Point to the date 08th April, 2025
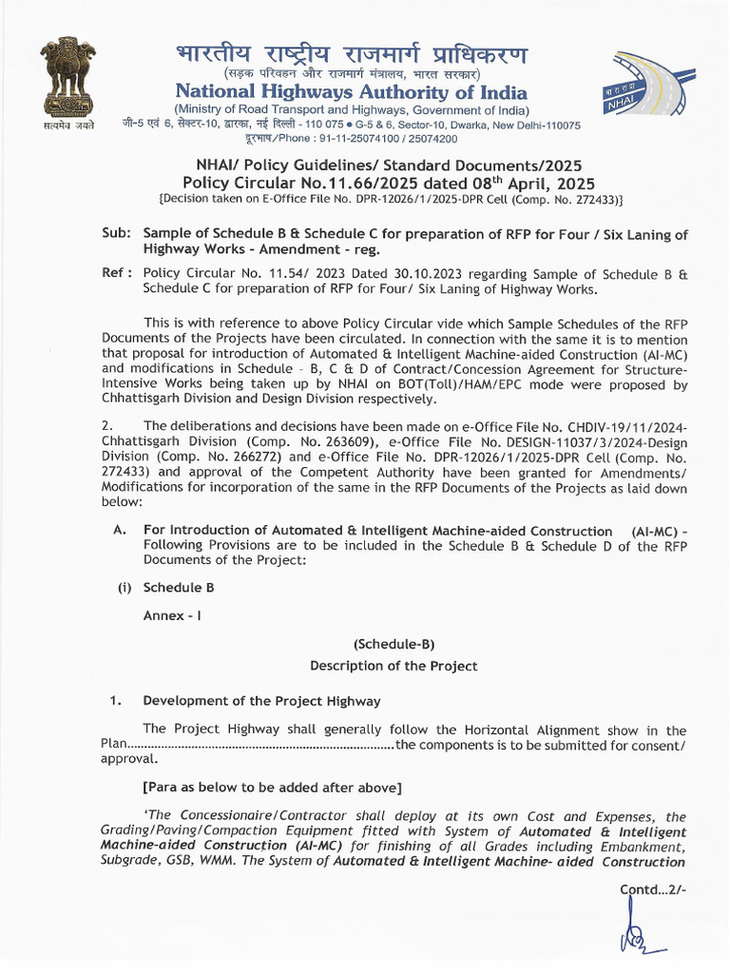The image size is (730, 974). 531,183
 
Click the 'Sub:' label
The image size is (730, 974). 117,234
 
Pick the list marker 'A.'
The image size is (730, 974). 120,531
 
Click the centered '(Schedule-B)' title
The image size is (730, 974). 394,644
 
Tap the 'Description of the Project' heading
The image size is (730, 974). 394,666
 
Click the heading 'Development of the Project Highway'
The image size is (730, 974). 261,701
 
